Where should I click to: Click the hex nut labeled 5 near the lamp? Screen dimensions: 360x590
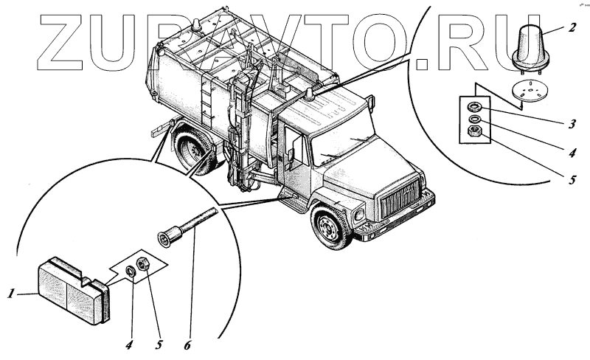tap(145, 263)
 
